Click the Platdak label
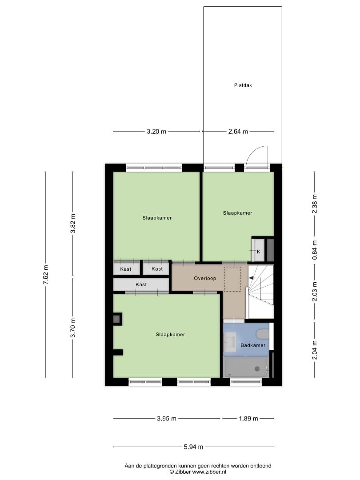click(x=243, y=85)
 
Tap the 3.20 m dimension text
click(x=156, y=132)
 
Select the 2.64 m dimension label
click(x=238, y=132)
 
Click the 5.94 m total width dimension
click(x=193, y=447)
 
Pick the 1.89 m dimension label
click(x=248, y=419)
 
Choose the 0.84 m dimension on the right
click(x=314, y=250)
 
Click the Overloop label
click(x=205, y=278)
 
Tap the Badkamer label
click(x=253, y=345)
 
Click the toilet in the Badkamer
click(x=263, y=334)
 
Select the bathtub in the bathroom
click(x=246, y=368)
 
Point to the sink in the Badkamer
click(x=230, y=342)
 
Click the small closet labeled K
click(x=258, y=250)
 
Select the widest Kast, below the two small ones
click(x=141, y=284)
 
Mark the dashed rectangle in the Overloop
click(x=232, y=279)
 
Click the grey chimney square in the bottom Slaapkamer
click(x=117, y=319)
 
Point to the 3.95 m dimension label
click(x=167, y=419)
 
